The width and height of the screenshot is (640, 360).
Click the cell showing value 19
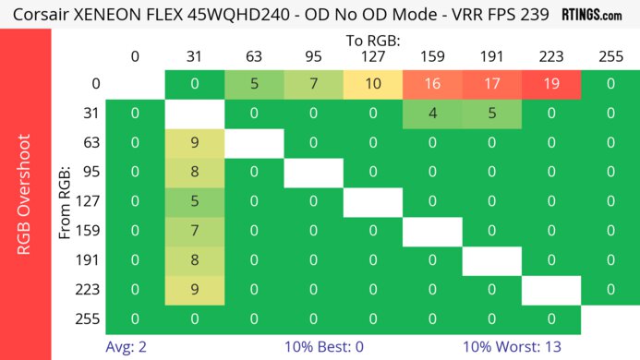point(550,85)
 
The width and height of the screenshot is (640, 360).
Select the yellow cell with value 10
point(373,85)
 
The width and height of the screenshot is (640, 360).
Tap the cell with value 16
point(432,85)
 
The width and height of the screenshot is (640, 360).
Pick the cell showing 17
point(491,85)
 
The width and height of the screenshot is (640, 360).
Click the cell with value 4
point(432,114)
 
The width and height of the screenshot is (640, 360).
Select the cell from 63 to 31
point(195,144)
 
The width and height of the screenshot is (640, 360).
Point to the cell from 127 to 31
point(195,202)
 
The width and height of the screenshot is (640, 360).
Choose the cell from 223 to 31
point(195,290)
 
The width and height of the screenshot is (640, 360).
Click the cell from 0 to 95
point(313,85)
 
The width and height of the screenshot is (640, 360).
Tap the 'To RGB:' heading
point(372,41)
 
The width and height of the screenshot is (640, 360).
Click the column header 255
point(610,56)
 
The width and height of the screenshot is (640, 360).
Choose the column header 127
point(373,56)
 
